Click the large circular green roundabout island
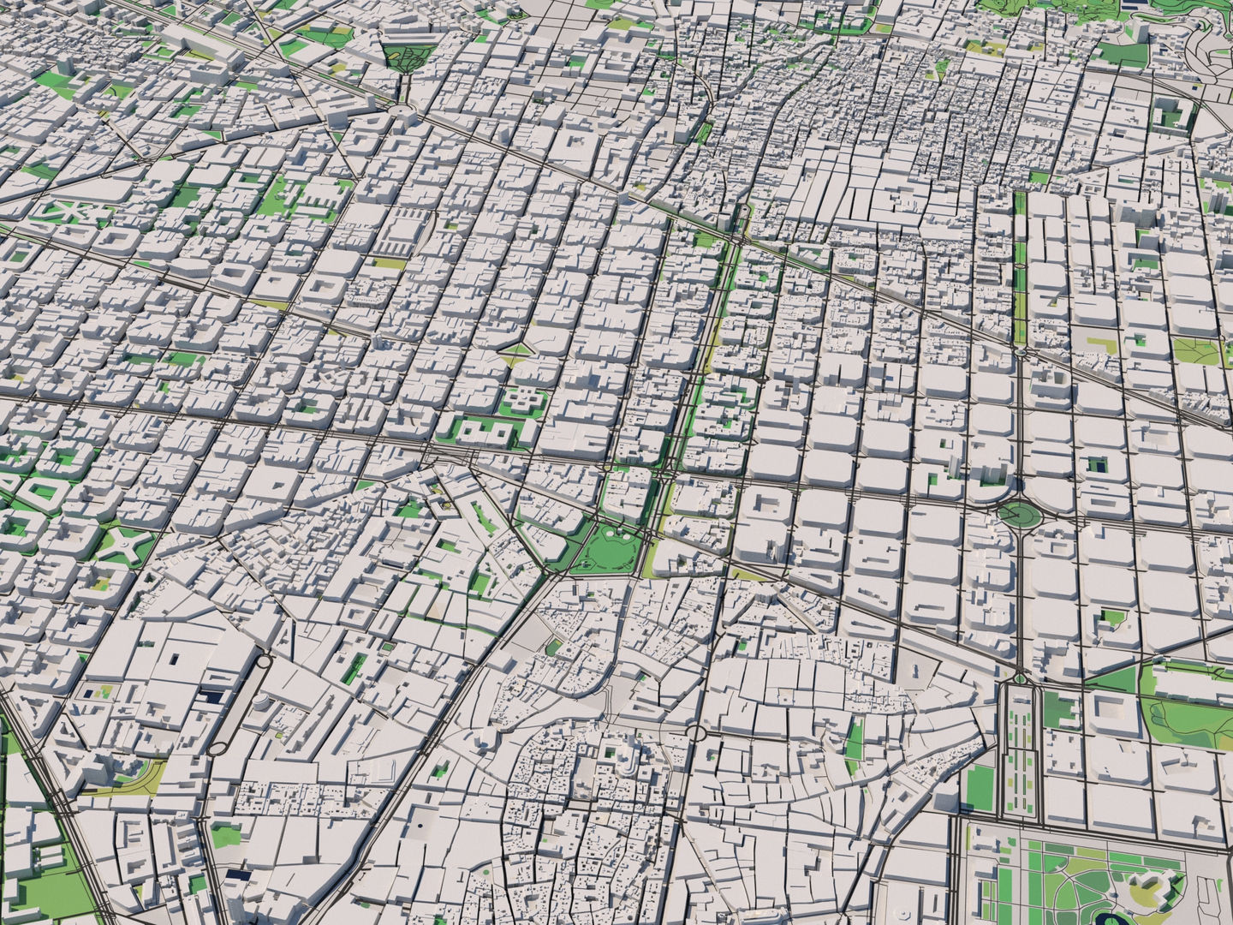(x=1016, y=514)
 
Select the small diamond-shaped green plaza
(x=515, y=350)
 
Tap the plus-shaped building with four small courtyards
(x=523, y=400)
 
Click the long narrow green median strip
(x=1020, y=257)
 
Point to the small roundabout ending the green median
(x=1021, y=351)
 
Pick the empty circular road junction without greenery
(x=695, y=733)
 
